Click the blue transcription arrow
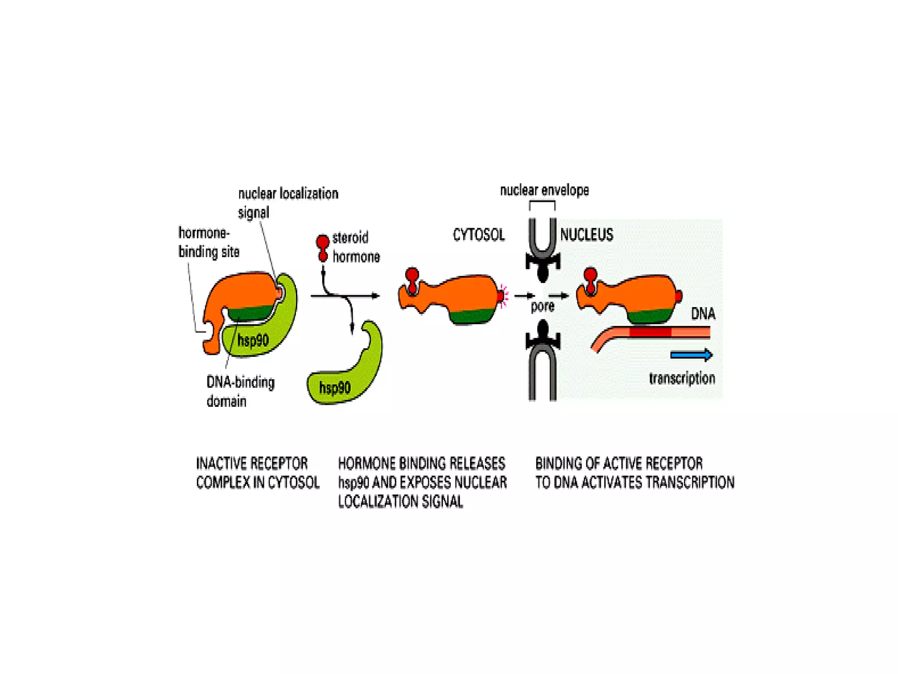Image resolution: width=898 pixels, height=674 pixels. click(691, 355)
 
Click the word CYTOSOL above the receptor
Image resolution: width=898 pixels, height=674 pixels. click(478, 235)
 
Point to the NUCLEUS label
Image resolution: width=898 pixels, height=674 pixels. click(587, 235)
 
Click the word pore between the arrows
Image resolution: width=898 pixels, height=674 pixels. click(542, 306)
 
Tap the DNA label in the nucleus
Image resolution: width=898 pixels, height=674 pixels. click(703, 314)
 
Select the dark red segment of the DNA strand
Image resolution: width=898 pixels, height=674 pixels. click(650, 332)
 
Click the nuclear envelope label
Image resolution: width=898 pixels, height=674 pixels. click(544, 190)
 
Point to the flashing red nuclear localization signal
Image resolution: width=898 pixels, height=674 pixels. click(502, 296)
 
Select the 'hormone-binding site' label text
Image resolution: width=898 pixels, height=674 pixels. click(208, 242)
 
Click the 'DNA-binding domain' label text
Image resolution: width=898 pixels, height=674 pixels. click(240, 391)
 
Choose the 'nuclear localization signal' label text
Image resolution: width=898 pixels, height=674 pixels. click(288, 202)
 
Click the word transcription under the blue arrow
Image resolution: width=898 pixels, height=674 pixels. click(682, 378)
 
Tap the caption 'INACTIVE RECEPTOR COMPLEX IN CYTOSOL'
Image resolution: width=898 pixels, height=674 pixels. click(257, 473)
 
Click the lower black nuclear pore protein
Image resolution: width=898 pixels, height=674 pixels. click(543, 336)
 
